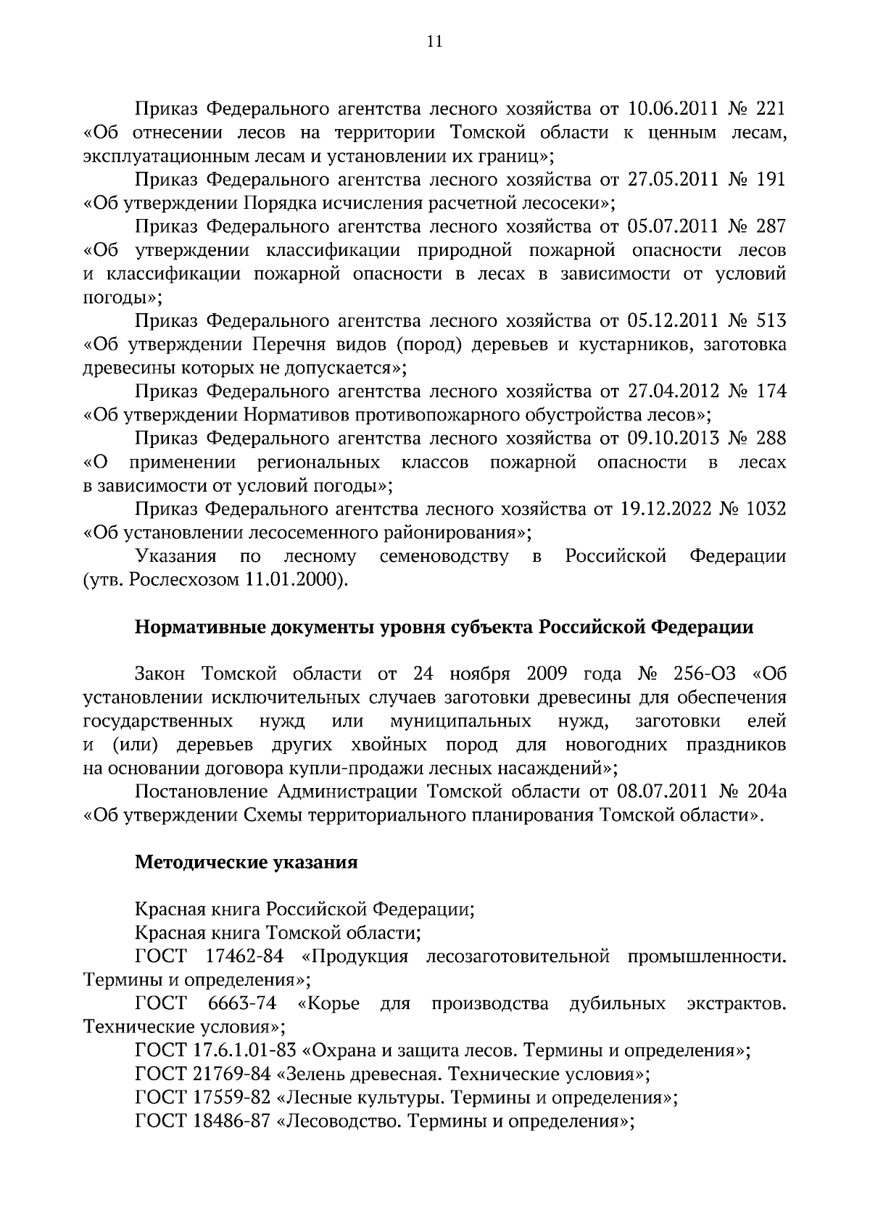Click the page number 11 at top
point(434,41)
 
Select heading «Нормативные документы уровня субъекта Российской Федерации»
point(444,627)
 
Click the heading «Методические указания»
point(246,863)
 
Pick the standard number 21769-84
point(233,1074)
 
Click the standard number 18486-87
point(233,1121)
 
